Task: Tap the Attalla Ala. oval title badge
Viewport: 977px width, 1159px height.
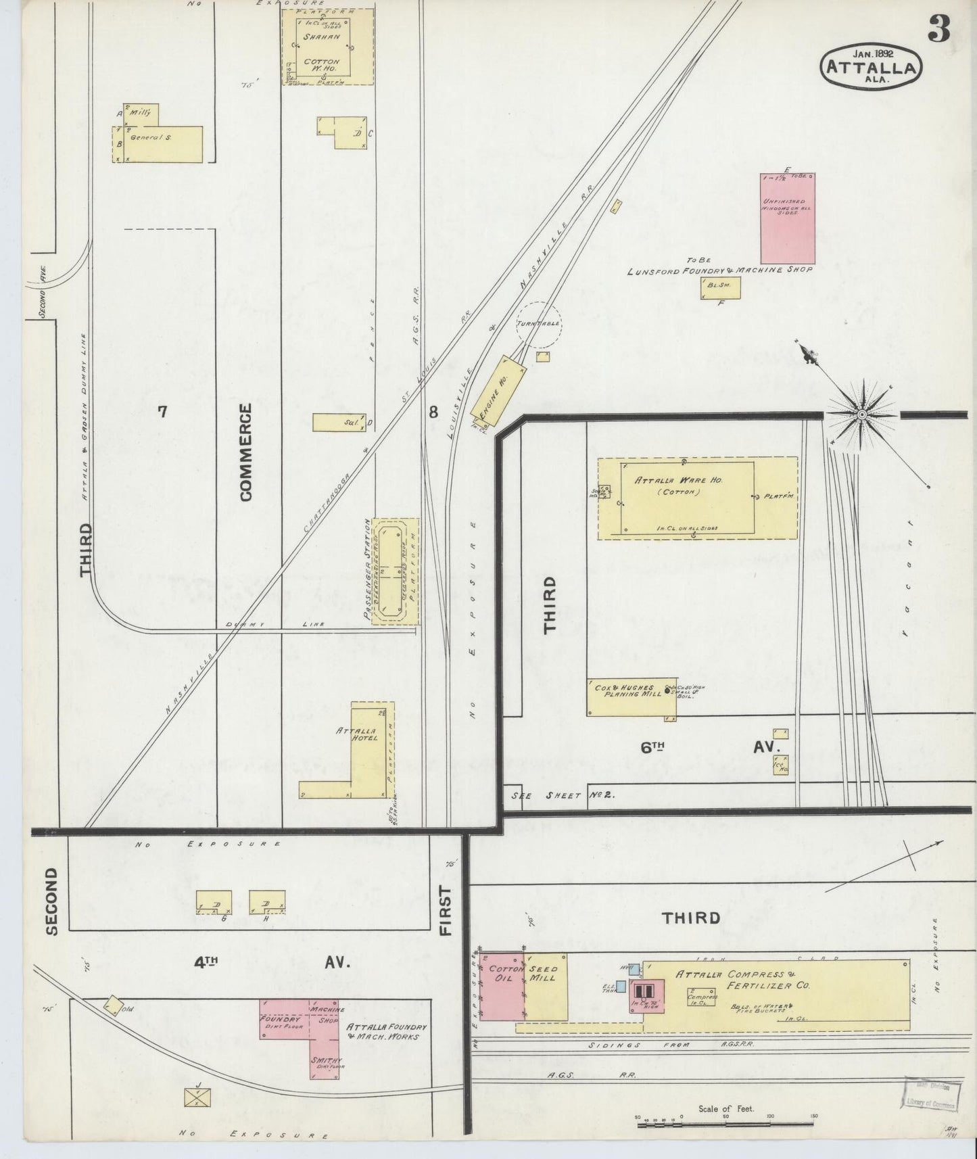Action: tap(871, 66)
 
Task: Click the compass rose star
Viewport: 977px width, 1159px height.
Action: tap(863, 413)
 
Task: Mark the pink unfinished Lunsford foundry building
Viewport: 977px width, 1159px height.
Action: tap(788, 218)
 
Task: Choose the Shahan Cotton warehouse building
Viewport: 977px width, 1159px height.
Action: tap(327, 47)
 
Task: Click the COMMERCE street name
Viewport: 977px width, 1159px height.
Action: tap(245, 452)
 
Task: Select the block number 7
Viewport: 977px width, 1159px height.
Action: tap(162, 411)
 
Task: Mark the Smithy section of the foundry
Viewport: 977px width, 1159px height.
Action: tap(327, 1062)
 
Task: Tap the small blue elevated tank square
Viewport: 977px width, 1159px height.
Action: tap(621, 987)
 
